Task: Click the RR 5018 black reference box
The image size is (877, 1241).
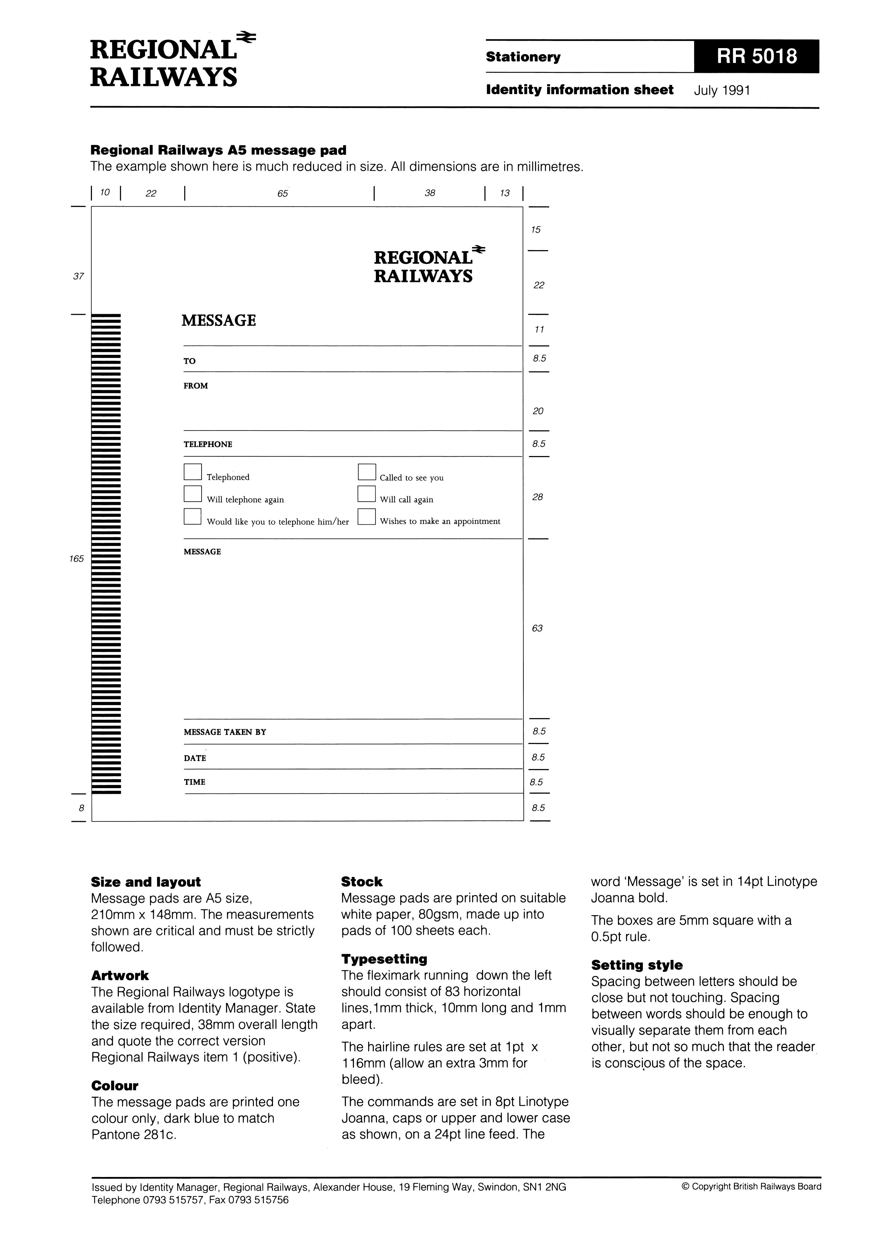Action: [x=756, y=56]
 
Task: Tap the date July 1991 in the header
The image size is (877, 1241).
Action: [x=722, y=90]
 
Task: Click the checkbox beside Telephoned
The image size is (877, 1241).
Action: [x=192, y=472]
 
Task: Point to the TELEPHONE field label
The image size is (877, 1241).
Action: [x=208, y=444]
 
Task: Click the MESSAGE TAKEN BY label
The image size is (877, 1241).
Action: [x=225, y=732]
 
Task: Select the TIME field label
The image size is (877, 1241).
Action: [x=194, y=782]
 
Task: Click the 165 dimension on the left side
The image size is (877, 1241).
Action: [x=77, y=559]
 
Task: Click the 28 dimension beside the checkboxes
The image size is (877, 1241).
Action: [x=538, y=497]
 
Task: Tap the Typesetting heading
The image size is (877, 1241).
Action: [x=384, y=959]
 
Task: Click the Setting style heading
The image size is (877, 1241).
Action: [x=637, y=965]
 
